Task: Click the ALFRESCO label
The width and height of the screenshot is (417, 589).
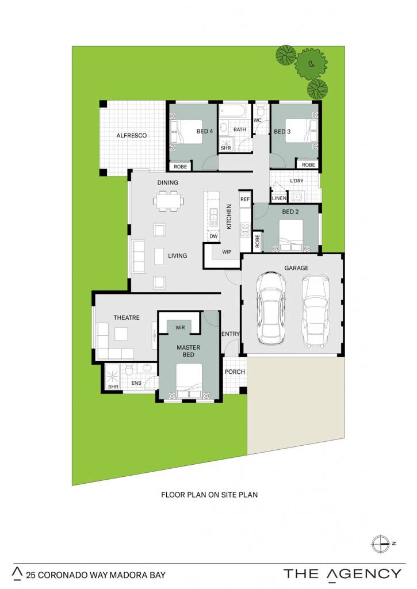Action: point(132,135)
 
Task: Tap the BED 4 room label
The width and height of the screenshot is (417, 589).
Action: point(204,131)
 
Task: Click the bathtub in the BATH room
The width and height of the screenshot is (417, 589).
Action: point(233,111)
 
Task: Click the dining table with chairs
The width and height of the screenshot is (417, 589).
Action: point(169,201)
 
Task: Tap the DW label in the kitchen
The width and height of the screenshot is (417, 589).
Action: point(213,236)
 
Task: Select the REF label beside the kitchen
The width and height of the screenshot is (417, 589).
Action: point(245,199)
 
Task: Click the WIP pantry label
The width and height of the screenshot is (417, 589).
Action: point(227,252)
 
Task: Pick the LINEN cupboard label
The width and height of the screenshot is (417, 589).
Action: point(279,198)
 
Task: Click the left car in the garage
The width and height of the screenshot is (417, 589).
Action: point(270,308)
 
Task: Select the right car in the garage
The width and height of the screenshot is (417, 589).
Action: point(316,310)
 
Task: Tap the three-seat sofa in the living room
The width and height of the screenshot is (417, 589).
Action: point(139,257)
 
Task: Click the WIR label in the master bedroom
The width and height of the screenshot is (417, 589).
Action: point(181,327)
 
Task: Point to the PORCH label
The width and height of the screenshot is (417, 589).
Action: point(235,372)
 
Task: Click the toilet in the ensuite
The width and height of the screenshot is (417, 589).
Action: point(129,370)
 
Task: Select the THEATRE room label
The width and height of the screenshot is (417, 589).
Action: point(127,318)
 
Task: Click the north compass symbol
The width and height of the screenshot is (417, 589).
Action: point(380,544)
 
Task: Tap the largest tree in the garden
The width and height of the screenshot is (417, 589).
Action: point(311,64)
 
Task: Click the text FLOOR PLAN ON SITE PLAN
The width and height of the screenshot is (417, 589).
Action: point(209,495)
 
